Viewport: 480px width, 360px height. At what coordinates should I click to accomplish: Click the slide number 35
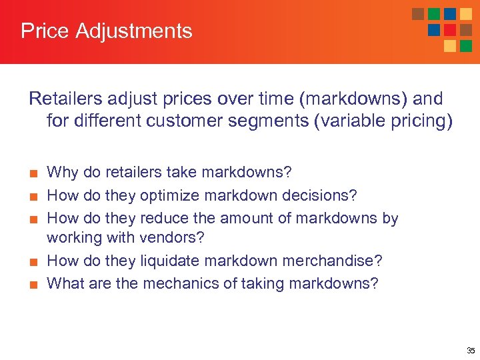click(x=471, y=351)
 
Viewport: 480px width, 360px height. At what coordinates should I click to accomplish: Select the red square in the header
click(x=450, y=30)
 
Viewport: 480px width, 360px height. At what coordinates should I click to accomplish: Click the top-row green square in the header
click(x=434, y=14)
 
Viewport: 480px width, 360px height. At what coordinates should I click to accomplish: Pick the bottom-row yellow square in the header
click(x=450, y=46)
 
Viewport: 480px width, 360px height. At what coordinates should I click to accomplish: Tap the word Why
click(x=63, y=173)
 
